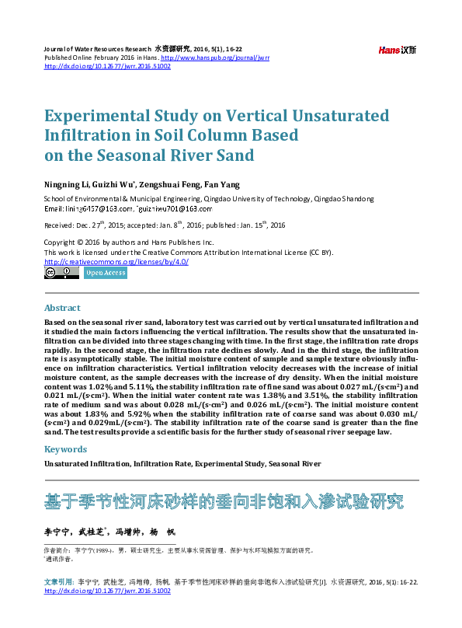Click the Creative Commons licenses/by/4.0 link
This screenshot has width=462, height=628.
pos(116,262)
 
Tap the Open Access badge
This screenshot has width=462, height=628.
pos(105,273)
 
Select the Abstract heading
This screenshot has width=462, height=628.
pos(62,308)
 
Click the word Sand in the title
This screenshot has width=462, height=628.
pos(236,155)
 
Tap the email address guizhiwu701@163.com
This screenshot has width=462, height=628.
pos(175,209)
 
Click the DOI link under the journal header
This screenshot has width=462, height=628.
pos(107,66)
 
